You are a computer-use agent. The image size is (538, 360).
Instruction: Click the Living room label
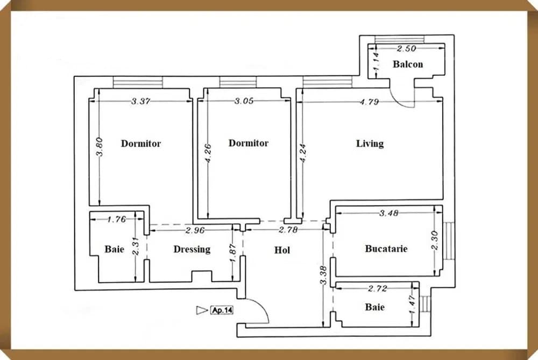pyautogui.click(x=370, y=144)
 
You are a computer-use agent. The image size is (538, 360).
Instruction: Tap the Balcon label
pyautogui.click(x=407, y=65)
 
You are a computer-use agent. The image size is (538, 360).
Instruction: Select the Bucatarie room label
pyautogui.click(x=386, y=249)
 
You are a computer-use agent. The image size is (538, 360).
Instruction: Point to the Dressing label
pyautogui.click(x=192, y=250)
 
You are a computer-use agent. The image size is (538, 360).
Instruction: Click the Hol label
pyautogui.click(x=282, y=250)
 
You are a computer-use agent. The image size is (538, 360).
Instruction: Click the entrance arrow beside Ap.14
pyautogui.click(x=202, y=310)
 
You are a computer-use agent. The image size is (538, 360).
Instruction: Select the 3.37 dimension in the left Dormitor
pyautogui.click(x=140, y=101)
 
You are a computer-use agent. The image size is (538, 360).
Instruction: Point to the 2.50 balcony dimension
pyautogui.click(x=407, y=49)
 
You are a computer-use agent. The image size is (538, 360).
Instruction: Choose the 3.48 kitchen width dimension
pyautogui.click(x=388, y=213)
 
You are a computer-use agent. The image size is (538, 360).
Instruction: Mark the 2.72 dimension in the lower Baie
pyautogui.click(x=378, y=289)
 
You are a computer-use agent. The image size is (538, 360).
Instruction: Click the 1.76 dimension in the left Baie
pyautogui.click(x=117, y=219)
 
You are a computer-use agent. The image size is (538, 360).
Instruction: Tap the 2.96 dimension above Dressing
pyautogui.click(x=195, y=231)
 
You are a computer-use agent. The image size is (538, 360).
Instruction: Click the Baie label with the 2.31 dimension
pyautogui.click(x=114, y=250)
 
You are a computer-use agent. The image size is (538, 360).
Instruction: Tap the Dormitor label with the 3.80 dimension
pyautogui.click(x=140, y=144)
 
